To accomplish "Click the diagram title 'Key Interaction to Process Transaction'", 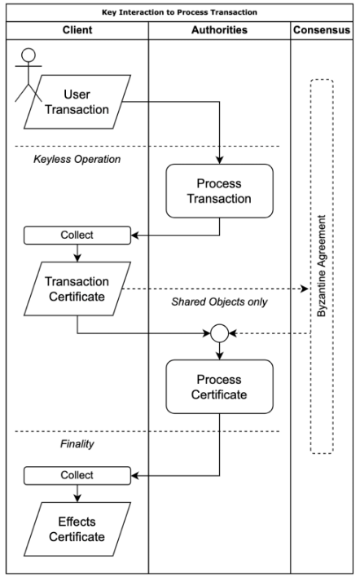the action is (179, 12).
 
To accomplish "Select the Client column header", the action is (77, 30).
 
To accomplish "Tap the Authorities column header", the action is (220, 30).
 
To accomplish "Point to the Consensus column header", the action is (322, 30).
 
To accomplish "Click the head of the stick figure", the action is (29, 55).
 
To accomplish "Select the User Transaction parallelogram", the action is (77, 102).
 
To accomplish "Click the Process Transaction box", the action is (220, 191).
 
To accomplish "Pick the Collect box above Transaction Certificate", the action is (77, 236).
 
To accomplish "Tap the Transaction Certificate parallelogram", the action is (77, 288).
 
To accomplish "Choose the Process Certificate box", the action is (220, 387).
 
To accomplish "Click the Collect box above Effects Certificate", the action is (77, 475).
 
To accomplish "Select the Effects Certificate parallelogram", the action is (77, 529).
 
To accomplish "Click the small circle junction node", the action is (220, 333).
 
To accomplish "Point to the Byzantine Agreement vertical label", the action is (322, 266).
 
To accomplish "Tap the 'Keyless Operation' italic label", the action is (77, 159).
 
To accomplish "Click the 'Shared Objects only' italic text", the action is (220, 302).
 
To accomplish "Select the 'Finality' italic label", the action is (77, 444).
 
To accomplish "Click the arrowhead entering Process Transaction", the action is (220, 160).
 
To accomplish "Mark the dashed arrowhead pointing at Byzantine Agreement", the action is (305, 288).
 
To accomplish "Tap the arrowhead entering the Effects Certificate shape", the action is (77, 498).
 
